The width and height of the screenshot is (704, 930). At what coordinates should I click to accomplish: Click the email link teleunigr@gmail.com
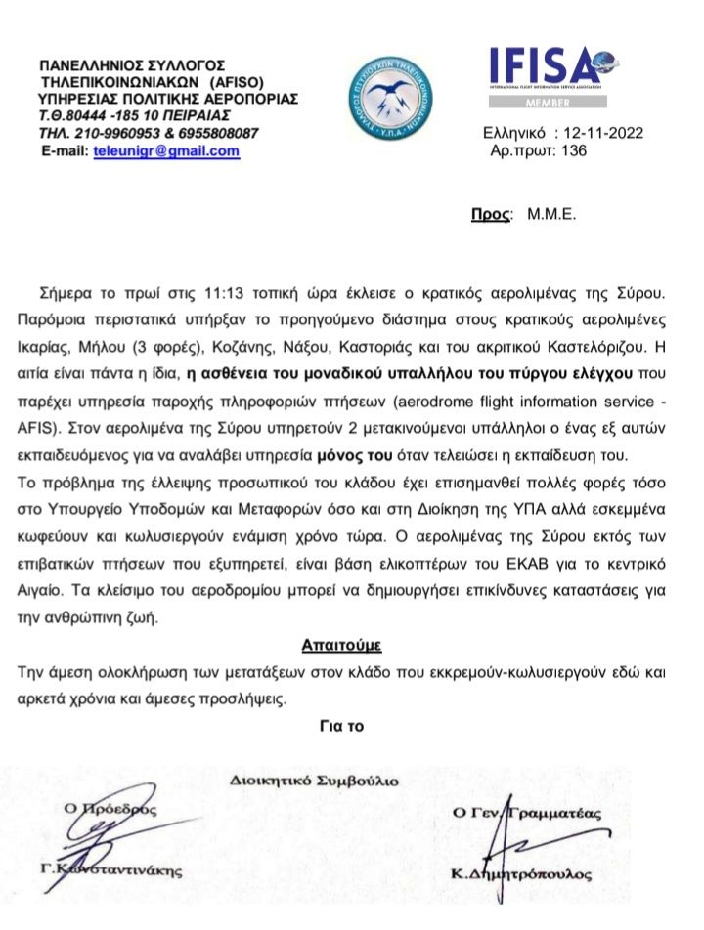tap(165, 151)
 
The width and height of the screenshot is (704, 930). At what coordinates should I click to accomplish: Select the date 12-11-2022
tap(604, 133)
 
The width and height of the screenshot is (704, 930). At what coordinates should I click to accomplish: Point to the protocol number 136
tap(574, 151)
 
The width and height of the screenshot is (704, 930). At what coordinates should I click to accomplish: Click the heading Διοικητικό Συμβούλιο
tap(315, 780)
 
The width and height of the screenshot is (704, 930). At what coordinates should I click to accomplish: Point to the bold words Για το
tap(341, 726)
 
